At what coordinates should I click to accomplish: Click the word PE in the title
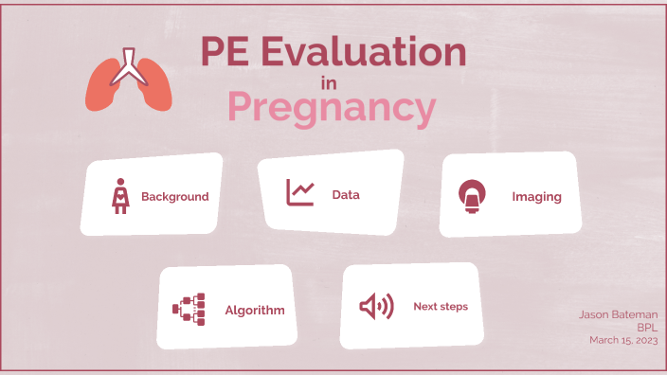pyautogui.click(x=225, y=52)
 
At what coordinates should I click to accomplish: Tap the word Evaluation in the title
pyautogui.click(x=363, y=52)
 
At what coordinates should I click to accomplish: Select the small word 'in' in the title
pyautogui.click(x=329, y=83)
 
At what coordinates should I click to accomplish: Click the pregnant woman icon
pyautogui.click(x=121, y=196)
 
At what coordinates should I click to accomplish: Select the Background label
pyautogui.click(x=174, y=197)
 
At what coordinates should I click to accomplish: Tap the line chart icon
pyautogui.click(x=300, y=193)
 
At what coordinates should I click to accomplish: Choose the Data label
pyautogui.click(x=346, y=195)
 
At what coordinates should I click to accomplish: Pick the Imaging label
pyautogui.click(x=536, y=197)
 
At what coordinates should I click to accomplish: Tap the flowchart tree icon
pyautogui.click(x=189, y=309)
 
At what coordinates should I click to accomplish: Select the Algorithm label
pyautogui.click(x=254, y=310)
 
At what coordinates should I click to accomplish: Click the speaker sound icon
pyautogui.click(x=376, y=306)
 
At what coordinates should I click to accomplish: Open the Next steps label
pyautogui.click(x=441, y=307)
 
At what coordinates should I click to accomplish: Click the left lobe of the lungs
pyautogui.click(x=101, y=87)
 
